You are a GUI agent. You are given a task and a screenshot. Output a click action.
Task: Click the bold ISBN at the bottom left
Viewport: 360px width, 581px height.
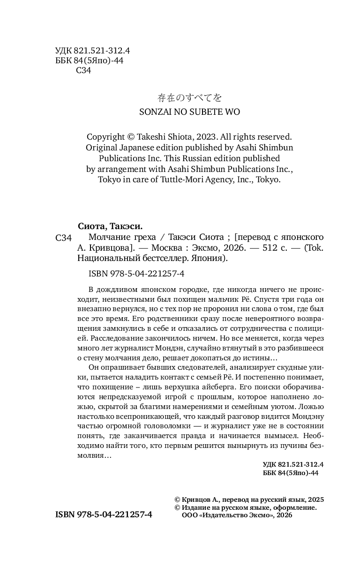tap(104, 514)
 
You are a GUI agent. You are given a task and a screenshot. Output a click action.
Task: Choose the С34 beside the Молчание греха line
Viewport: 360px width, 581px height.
tap(64, 238)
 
